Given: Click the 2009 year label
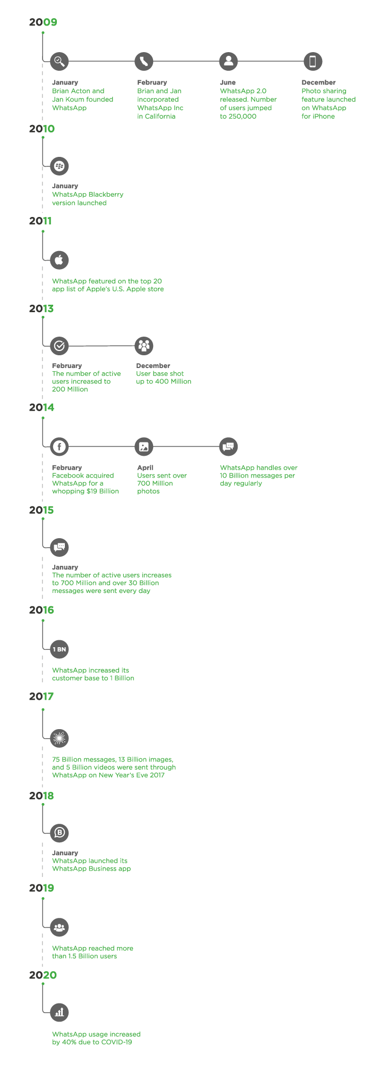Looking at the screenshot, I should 43,22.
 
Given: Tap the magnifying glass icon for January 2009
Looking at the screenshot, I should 59,61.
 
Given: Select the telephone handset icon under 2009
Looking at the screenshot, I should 144,61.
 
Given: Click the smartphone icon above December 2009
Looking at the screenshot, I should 313,61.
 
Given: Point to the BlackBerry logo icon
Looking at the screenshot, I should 59,166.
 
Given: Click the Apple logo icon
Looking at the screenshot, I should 59,260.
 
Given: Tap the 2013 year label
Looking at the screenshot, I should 41,309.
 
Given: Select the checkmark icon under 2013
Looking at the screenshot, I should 59,346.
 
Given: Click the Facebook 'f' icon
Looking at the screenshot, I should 59,447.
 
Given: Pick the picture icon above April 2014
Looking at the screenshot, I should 144,447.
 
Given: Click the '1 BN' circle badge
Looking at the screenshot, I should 59,649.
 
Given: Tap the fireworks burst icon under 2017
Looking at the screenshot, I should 59,738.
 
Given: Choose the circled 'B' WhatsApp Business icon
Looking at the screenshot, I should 59,833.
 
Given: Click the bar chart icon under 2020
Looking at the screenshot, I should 59,1013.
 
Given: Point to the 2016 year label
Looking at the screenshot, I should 41,610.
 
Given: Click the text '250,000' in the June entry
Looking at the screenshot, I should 242,116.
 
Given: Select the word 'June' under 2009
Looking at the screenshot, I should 228,83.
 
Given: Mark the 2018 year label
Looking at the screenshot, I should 41,796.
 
